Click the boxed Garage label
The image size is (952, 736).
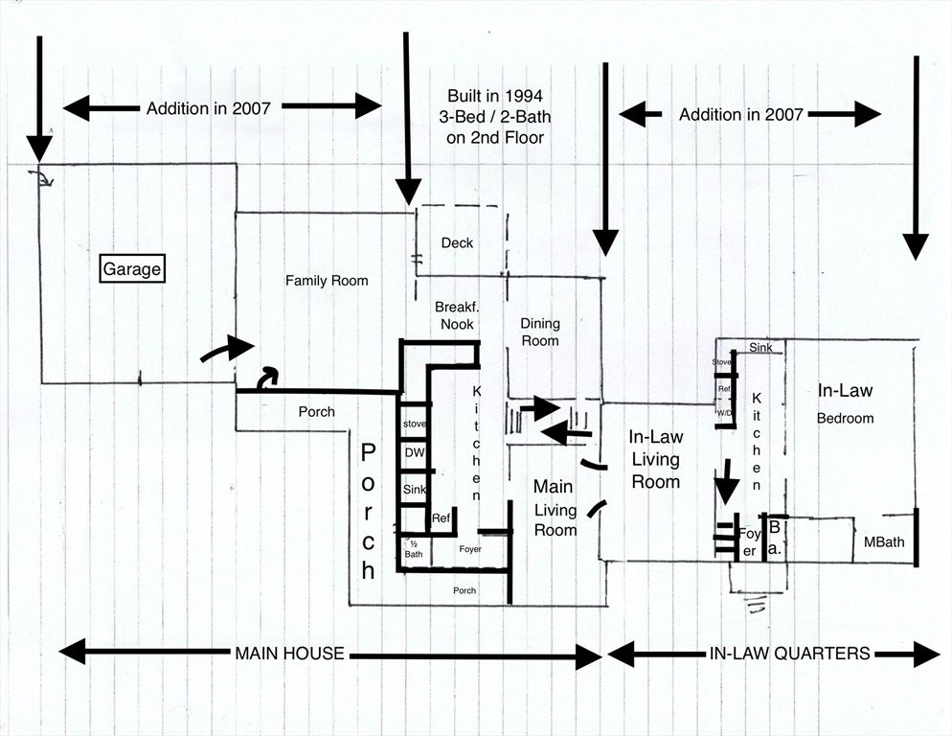(x=132, y=269)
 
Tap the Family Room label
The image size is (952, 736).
(x=327, y=281)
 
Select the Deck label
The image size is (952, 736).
(x=457, y=243)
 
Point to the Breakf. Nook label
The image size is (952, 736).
(x=455, y=315)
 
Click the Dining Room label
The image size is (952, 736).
(x=539, y=332)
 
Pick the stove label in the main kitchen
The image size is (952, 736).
(x=414, y=424)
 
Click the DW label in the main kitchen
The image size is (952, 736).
(x=414, y=453)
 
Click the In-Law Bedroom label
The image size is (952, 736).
(x=845, y=403)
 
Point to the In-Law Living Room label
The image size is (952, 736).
(x=655, y=459)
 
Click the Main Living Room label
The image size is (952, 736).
(x=555, y=507)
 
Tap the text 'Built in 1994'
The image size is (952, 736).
(x=494, y=96)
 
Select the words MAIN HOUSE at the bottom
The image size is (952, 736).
(x=289, y=654)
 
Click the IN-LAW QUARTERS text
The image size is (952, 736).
(x=789, y=654)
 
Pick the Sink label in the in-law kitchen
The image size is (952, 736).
(x=760, y=348)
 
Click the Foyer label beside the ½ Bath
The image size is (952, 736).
(x=469, y=549)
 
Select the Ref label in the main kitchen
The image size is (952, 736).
(x=441, y=518)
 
